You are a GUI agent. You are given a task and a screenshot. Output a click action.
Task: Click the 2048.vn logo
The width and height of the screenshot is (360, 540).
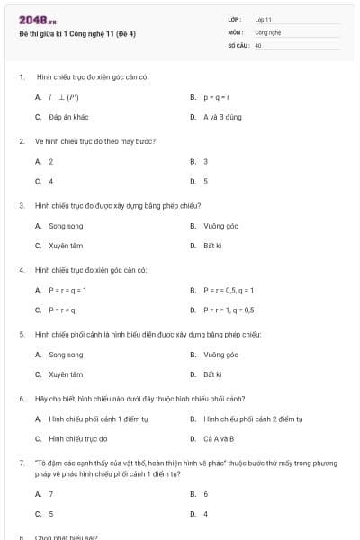(x=31, y=20)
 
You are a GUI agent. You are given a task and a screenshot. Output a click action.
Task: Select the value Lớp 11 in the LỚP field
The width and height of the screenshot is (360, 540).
(x=263, y=18)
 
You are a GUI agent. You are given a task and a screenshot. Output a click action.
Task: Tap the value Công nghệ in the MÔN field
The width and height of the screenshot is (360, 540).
(x=268, y=31)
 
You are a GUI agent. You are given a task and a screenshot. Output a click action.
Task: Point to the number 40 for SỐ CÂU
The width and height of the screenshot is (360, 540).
(x=258, y=43)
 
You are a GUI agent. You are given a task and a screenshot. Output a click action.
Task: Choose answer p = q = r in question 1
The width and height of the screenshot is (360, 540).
(x=217, y=97)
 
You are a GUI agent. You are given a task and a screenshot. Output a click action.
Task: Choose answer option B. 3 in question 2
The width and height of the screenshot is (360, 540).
(x=205, y=161)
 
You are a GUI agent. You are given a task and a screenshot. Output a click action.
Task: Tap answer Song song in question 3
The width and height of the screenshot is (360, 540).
(x=66, y=226)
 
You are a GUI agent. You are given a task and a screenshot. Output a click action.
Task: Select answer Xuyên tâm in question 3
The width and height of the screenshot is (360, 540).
(x=66, y=246)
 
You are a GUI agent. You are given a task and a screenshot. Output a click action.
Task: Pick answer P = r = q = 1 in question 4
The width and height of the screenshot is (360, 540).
(x=67, y=290)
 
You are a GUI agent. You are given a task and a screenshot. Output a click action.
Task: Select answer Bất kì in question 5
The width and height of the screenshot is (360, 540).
(x=212, y=374)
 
